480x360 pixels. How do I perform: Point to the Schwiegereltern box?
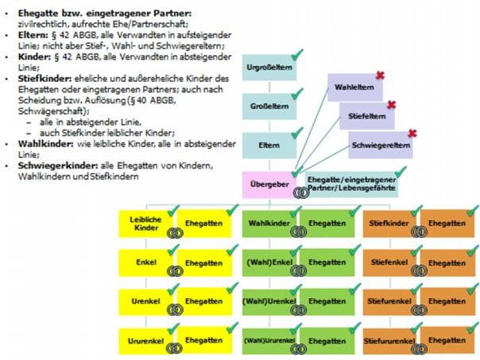pos(381,145)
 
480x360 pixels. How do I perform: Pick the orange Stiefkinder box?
pos(389,223)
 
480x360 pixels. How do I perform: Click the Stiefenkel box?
pos(389,262)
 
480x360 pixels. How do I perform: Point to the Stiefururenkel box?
pos(389,340)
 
